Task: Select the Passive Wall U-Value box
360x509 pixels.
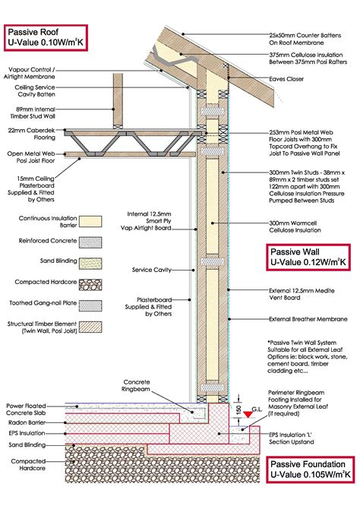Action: (x=306, y=257)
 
